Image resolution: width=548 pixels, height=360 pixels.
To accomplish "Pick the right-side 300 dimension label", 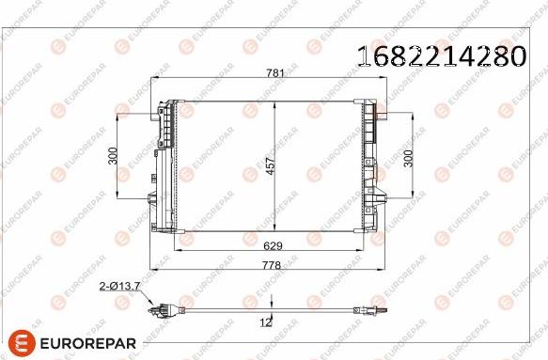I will (407, 157).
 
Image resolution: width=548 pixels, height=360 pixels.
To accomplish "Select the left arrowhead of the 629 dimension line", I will (181, 252).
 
